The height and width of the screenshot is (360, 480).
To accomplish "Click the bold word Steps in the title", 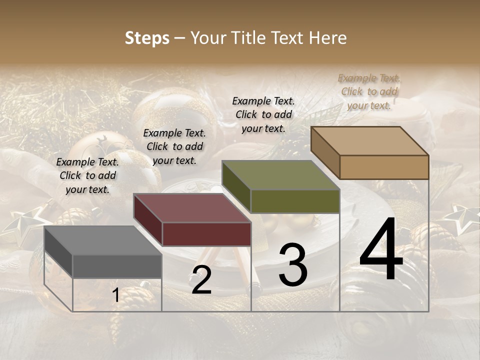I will coord(147,38).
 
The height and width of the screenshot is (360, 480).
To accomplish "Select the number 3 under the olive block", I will coord(292,264).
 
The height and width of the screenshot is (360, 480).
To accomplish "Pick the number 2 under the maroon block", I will coord(201,280).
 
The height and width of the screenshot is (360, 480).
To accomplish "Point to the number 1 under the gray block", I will coord(116,295).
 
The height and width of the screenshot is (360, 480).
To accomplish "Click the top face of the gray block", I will coord(102,240).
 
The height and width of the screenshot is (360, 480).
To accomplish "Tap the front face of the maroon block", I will coord(206,234).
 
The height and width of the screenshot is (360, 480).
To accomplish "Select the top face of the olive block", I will coord(280,175).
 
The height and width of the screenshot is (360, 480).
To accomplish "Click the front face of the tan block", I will coord(384,167).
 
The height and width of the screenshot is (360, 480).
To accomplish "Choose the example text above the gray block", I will coord(87,175).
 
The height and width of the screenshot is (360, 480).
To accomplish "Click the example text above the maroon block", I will coord(174,146).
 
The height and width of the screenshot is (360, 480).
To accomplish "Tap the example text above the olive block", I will coord(263,114).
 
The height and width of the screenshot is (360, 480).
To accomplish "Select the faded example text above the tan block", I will coord(369,91).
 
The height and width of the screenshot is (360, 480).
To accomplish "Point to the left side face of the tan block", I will coord(325,152).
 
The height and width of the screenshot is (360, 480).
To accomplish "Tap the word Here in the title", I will coord(328,38).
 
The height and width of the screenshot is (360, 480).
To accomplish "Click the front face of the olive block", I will coord(295,201).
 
